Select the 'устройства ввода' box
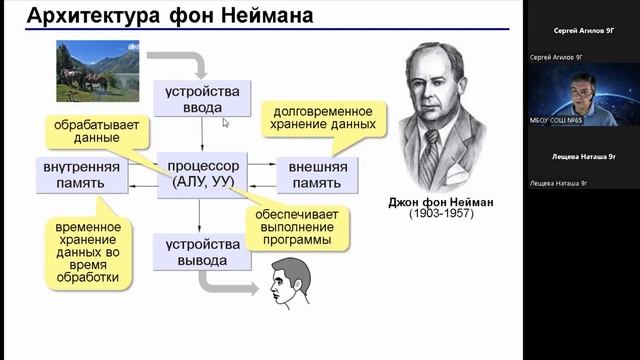203,99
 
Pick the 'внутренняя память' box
82,173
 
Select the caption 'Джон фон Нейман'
442,200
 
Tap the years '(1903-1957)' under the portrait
442,215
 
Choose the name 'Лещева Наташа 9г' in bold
581,157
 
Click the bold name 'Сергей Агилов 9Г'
581,33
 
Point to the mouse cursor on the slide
225,123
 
